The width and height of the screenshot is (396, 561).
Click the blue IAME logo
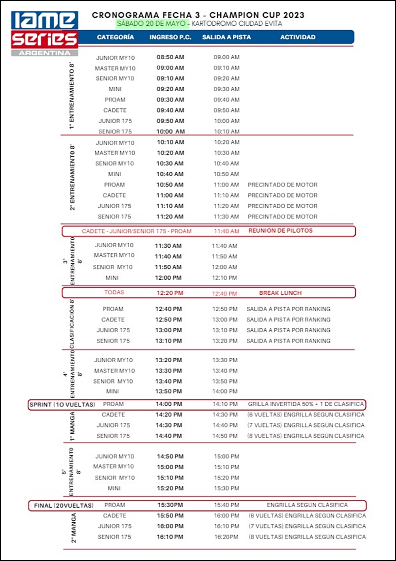coord(44,20)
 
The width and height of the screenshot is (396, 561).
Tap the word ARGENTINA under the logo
coord(44,53)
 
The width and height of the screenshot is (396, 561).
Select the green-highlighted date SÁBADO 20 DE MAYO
coord(151,23)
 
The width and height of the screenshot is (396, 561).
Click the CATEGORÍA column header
coord(115,37)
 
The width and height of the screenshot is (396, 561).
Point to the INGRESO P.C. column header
coord(170,37)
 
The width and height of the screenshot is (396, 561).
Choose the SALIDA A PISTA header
coord(226,37)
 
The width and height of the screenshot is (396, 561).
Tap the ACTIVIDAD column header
coord(298,37)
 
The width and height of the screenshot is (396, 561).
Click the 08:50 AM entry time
coord(170,57)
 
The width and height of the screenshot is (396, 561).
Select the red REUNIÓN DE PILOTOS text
coord(280,231)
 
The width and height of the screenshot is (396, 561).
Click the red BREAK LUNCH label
coord(280,293)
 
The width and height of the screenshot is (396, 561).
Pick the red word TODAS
coord(114,293)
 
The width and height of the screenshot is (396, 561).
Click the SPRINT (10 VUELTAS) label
coord(62,405)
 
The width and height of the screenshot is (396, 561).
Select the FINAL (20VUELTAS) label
coord(64,506)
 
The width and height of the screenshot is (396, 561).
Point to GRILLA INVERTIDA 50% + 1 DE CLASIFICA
coord(306,404)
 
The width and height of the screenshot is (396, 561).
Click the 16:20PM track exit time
coord(226,537)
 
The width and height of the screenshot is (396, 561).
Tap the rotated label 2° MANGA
coord(73,527)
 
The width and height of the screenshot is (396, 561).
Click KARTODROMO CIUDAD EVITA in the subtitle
coord(237,23)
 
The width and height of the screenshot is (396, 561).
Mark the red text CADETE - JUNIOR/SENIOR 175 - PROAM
coord(137,231)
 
